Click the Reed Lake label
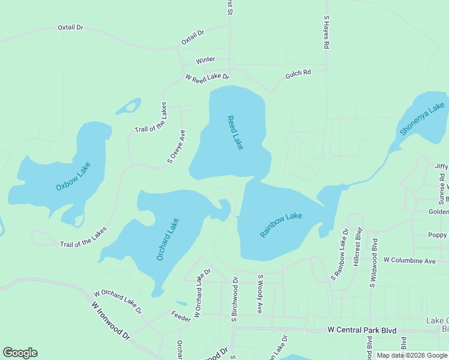[235, 133]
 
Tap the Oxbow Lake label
[73, 177]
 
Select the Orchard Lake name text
[168, 239]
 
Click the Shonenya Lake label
[423, 119]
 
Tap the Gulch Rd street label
[298, 73]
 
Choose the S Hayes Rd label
[326, 32]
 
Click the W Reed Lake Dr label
[208, 77]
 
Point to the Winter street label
[205, 61]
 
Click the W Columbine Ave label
[409, 261]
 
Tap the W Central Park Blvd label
[363, 330]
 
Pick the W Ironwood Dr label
[111, 321]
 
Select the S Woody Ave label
[261, 294]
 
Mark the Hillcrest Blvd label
[358, 246]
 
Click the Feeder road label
[180, 314]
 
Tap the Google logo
[20, 353]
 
